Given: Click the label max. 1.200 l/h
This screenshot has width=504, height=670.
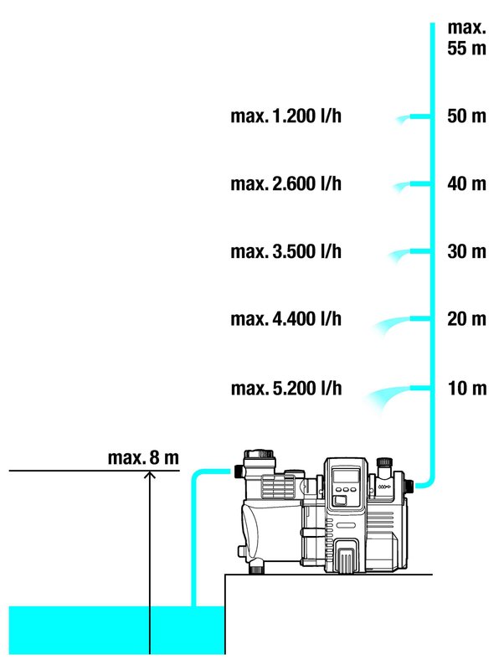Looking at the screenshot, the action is (285, 116).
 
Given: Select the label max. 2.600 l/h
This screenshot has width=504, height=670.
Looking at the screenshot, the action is (285, 183).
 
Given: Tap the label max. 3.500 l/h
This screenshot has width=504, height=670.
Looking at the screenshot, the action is (285, 251).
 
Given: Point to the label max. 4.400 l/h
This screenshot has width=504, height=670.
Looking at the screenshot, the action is (285, 319).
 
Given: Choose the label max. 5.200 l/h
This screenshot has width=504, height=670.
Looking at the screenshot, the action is (286, 389).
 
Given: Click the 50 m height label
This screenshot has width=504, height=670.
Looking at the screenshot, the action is (466, 116).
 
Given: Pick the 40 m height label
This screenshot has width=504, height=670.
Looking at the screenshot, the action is (466, 183).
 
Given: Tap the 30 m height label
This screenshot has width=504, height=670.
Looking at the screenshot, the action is (466, 251).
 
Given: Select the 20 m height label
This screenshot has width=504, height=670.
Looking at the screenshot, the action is (466, 319).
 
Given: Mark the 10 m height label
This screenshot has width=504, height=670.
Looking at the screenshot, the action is (467, 389).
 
